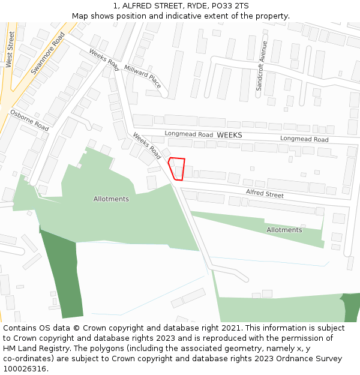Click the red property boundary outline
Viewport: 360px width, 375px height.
pyautogui.click(x=176, y=168)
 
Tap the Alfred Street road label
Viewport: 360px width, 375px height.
pyautogui.click(x=265, y=194)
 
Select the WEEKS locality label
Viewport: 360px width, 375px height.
pyautogui.click(x=229, y=136)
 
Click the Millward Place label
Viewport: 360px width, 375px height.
pyautogui.click(x=143, y=77)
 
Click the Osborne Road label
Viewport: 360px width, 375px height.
pyautogui.click(x=29, y=121)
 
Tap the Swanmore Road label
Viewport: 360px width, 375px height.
pyautogui.click(x=47, y=53)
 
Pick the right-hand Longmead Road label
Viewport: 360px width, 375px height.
pyautogui.click(x=304, y=139)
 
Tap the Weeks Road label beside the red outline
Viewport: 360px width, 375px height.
pyautogui.click(x=148, y=146)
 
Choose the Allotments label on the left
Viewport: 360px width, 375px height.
pyautogui.click(x=111, y=199)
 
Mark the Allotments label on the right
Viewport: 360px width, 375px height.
pyautogui.click(x=284, y=230)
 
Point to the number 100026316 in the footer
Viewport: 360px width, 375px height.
pyautogui.click(x=24, y=368)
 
